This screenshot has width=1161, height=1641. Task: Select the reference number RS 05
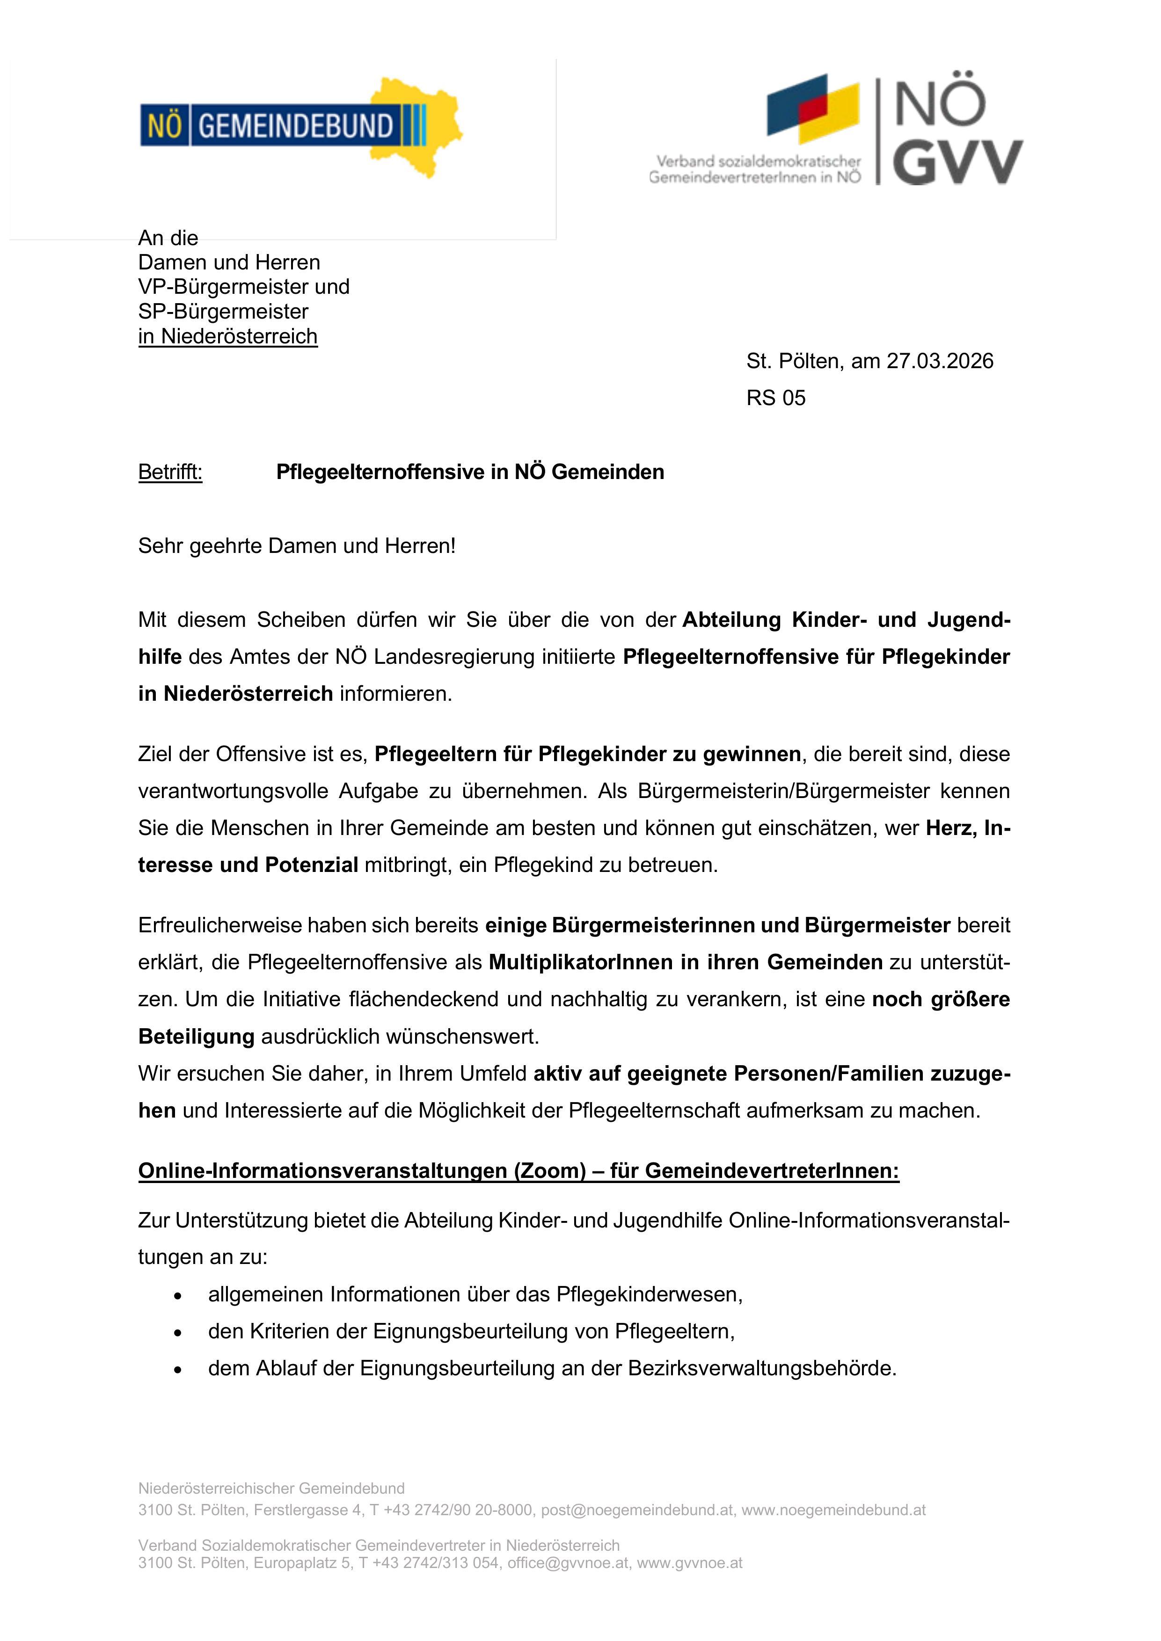[776, 398]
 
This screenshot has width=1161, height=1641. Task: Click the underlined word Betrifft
[170, 472]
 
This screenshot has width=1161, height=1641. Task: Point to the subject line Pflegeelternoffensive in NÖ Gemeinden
[470, 472]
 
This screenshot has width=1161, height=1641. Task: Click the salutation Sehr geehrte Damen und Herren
[297, 546]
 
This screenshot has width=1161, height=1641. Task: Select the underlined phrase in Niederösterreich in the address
[227, 337]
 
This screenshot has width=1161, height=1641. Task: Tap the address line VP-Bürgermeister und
[244, 287]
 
